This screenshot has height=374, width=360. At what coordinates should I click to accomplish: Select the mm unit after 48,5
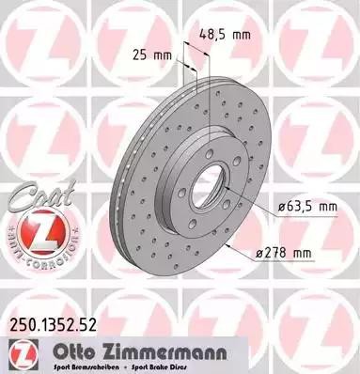click(x=242, y=35)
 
